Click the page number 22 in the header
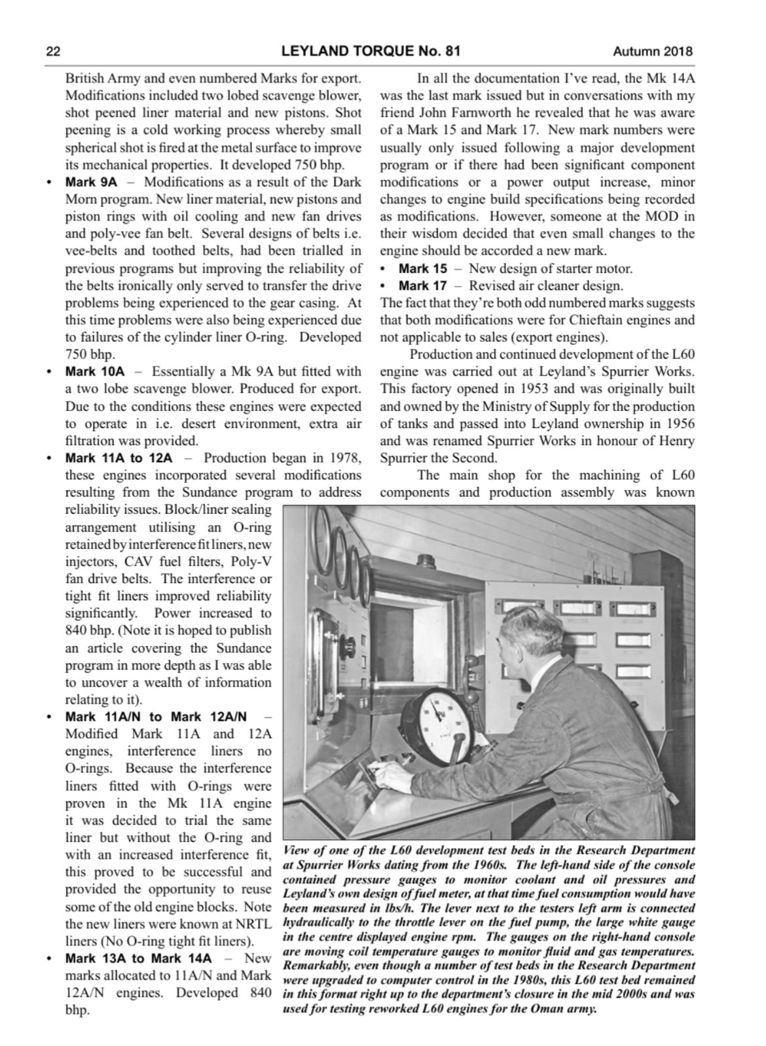[52, 51]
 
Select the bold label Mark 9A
[91, 182]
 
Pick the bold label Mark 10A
[94, 372]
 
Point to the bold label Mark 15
[423, 268]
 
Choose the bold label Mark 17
[423, 286]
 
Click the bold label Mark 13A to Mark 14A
[138, 958]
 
